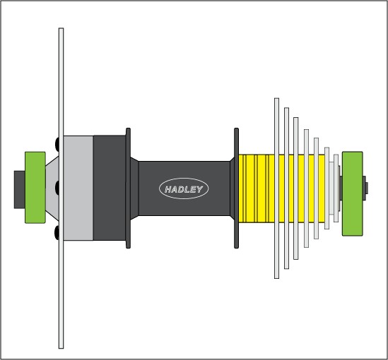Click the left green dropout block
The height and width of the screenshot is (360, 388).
[x=35, y=188]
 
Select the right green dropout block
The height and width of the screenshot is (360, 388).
[x=353, y=193]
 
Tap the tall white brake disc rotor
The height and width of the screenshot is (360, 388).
[x=61, y=188]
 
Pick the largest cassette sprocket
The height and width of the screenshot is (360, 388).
[x=276, y=188]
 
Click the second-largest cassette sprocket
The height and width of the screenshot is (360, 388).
[x=286, y=188]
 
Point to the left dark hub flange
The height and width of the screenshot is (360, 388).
[x=128, y=188]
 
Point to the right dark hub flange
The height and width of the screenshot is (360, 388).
[x=236, y=188]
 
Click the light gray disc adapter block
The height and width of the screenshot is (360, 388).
[x=78, y=188]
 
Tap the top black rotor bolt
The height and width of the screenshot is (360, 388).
[x=57, y=143]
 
